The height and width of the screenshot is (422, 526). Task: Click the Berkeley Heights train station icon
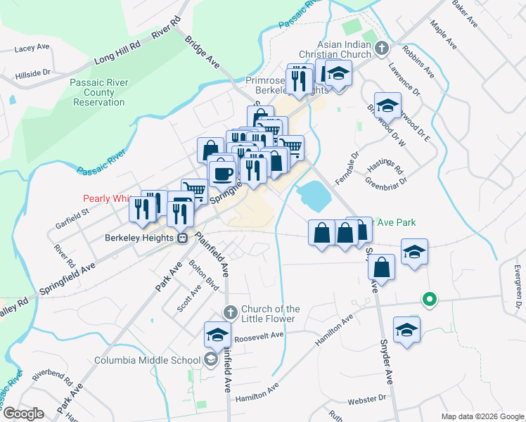point(182,238)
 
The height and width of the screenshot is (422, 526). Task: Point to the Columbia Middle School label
point(148,361)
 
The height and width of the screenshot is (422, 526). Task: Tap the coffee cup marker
point(222,173)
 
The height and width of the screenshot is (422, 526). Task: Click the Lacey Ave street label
point(32,48)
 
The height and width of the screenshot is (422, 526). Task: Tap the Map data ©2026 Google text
point(481,416)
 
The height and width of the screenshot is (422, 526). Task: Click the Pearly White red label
point(110,199)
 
